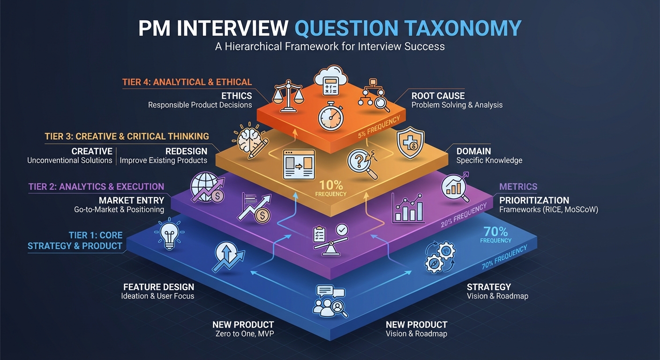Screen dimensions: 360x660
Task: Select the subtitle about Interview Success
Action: (x=330, y=46)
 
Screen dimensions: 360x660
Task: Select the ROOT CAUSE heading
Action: (x=438, y=96)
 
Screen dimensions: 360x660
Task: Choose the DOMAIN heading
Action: (x=473, y=151)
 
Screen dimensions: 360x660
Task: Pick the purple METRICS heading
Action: (x=518, y=187)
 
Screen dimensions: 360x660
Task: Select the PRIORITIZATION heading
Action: (x=534, y=200)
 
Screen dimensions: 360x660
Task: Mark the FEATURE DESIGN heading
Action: (x=158, y=287)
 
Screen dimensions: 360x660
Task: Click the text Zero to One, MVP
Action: (x=243, y=334)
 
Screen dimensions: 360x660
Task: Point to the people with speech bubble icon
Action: (x=330, y=300)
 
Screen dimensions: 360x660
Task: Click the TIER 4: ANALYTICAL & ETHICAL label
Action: (x=187, y=82)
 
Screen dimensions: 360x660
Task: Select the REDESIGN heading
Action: (x=186, y=151)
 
